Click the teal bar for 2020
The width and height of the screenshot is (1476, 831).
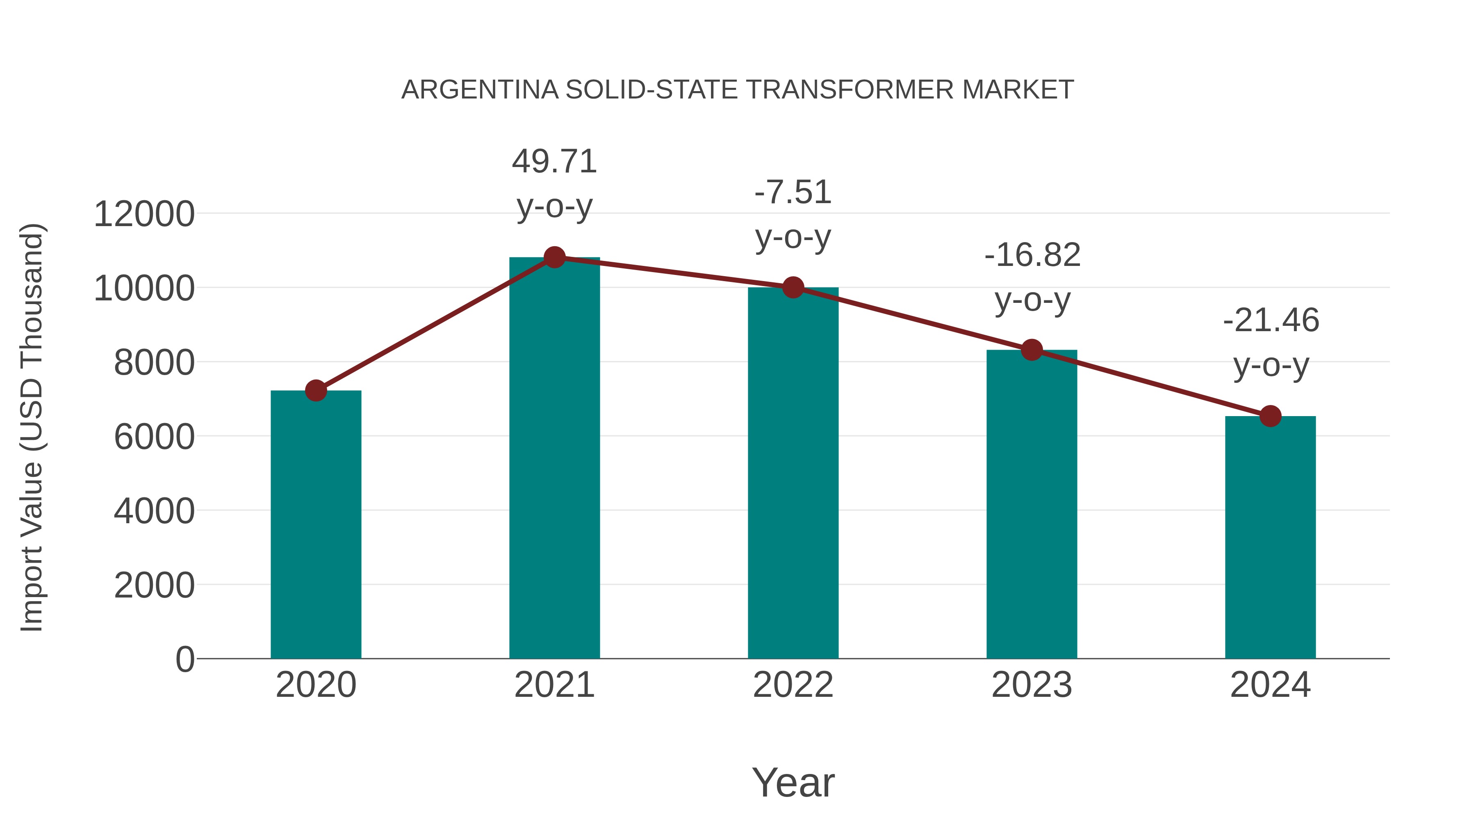316,525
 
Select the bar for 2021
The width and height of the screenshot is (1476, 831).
554,459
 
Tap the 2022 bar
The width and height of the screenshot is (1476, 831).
793,473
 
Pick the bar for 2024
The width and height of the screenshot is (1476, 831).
1270,537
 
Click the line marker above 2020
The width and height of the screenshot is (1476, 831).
316,391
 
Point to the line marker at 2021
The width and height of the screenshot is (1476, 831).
554,257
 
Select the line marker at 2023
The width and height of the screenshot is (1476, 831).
1032,349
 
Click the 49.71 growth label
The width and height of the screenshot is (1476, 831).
554,162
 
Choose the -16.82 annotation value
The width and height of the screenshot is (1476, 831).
1032,255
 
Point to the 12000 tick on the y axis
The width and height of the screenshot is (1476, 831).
144,215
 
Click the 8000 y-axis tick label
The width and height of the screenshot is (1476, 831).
154,363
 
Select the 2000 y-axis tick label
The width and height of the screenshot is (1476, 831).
154,586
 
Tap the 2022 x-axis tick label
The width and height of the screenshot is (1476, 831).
793,685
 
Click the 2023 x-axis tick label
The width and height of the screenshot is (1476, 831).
1032,685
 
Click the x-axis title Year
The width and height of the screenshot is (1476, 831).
793,782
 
